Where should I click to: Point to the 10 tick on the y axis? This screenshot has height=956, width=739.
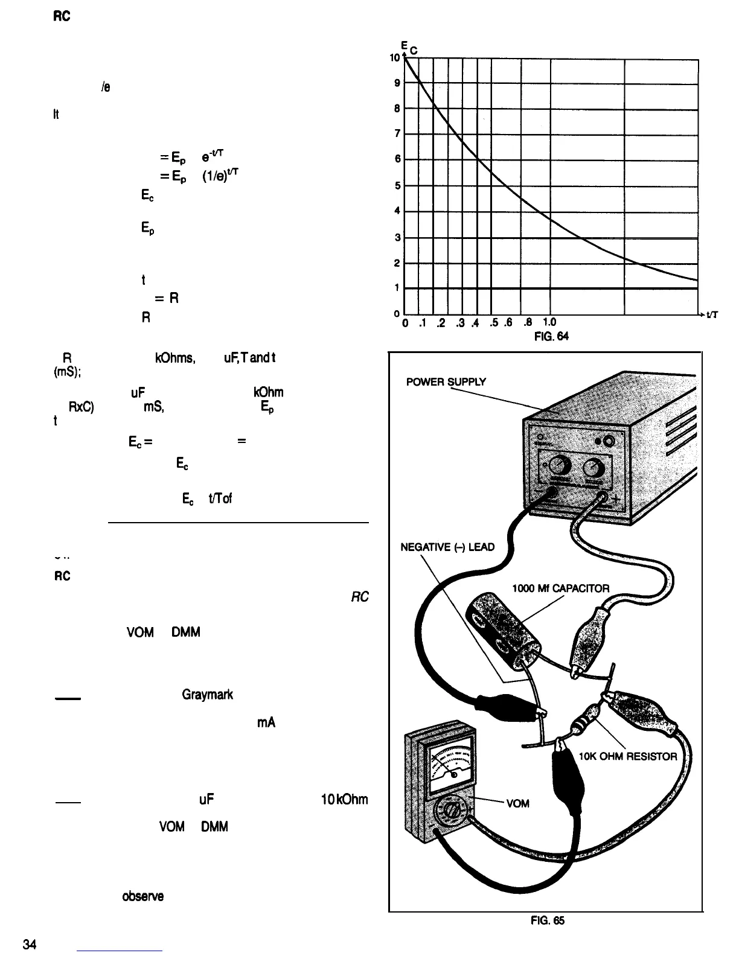pyautogui.click(x=395, y=58)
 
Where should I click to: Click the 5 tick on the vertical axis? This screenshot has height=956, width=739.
pyautogui.click(x=397, y=186)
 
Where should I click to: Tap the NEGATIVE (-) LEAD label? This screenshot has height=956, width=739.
pyautogui.click(x=448, y=547)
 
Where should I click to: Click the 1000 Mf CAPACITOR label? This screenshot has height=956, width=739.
pyautogui.click(x=561, y=589)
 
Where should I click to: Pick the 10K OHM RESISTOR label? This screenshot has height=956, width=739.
pyautogui.click(x=628, y=756)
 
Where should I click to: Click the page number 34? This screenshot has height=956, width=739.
pyautogui.click(x=31, y=944)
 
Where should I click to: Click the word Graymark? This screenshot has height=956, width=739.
pyautogui.click(x=207, y=695)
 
